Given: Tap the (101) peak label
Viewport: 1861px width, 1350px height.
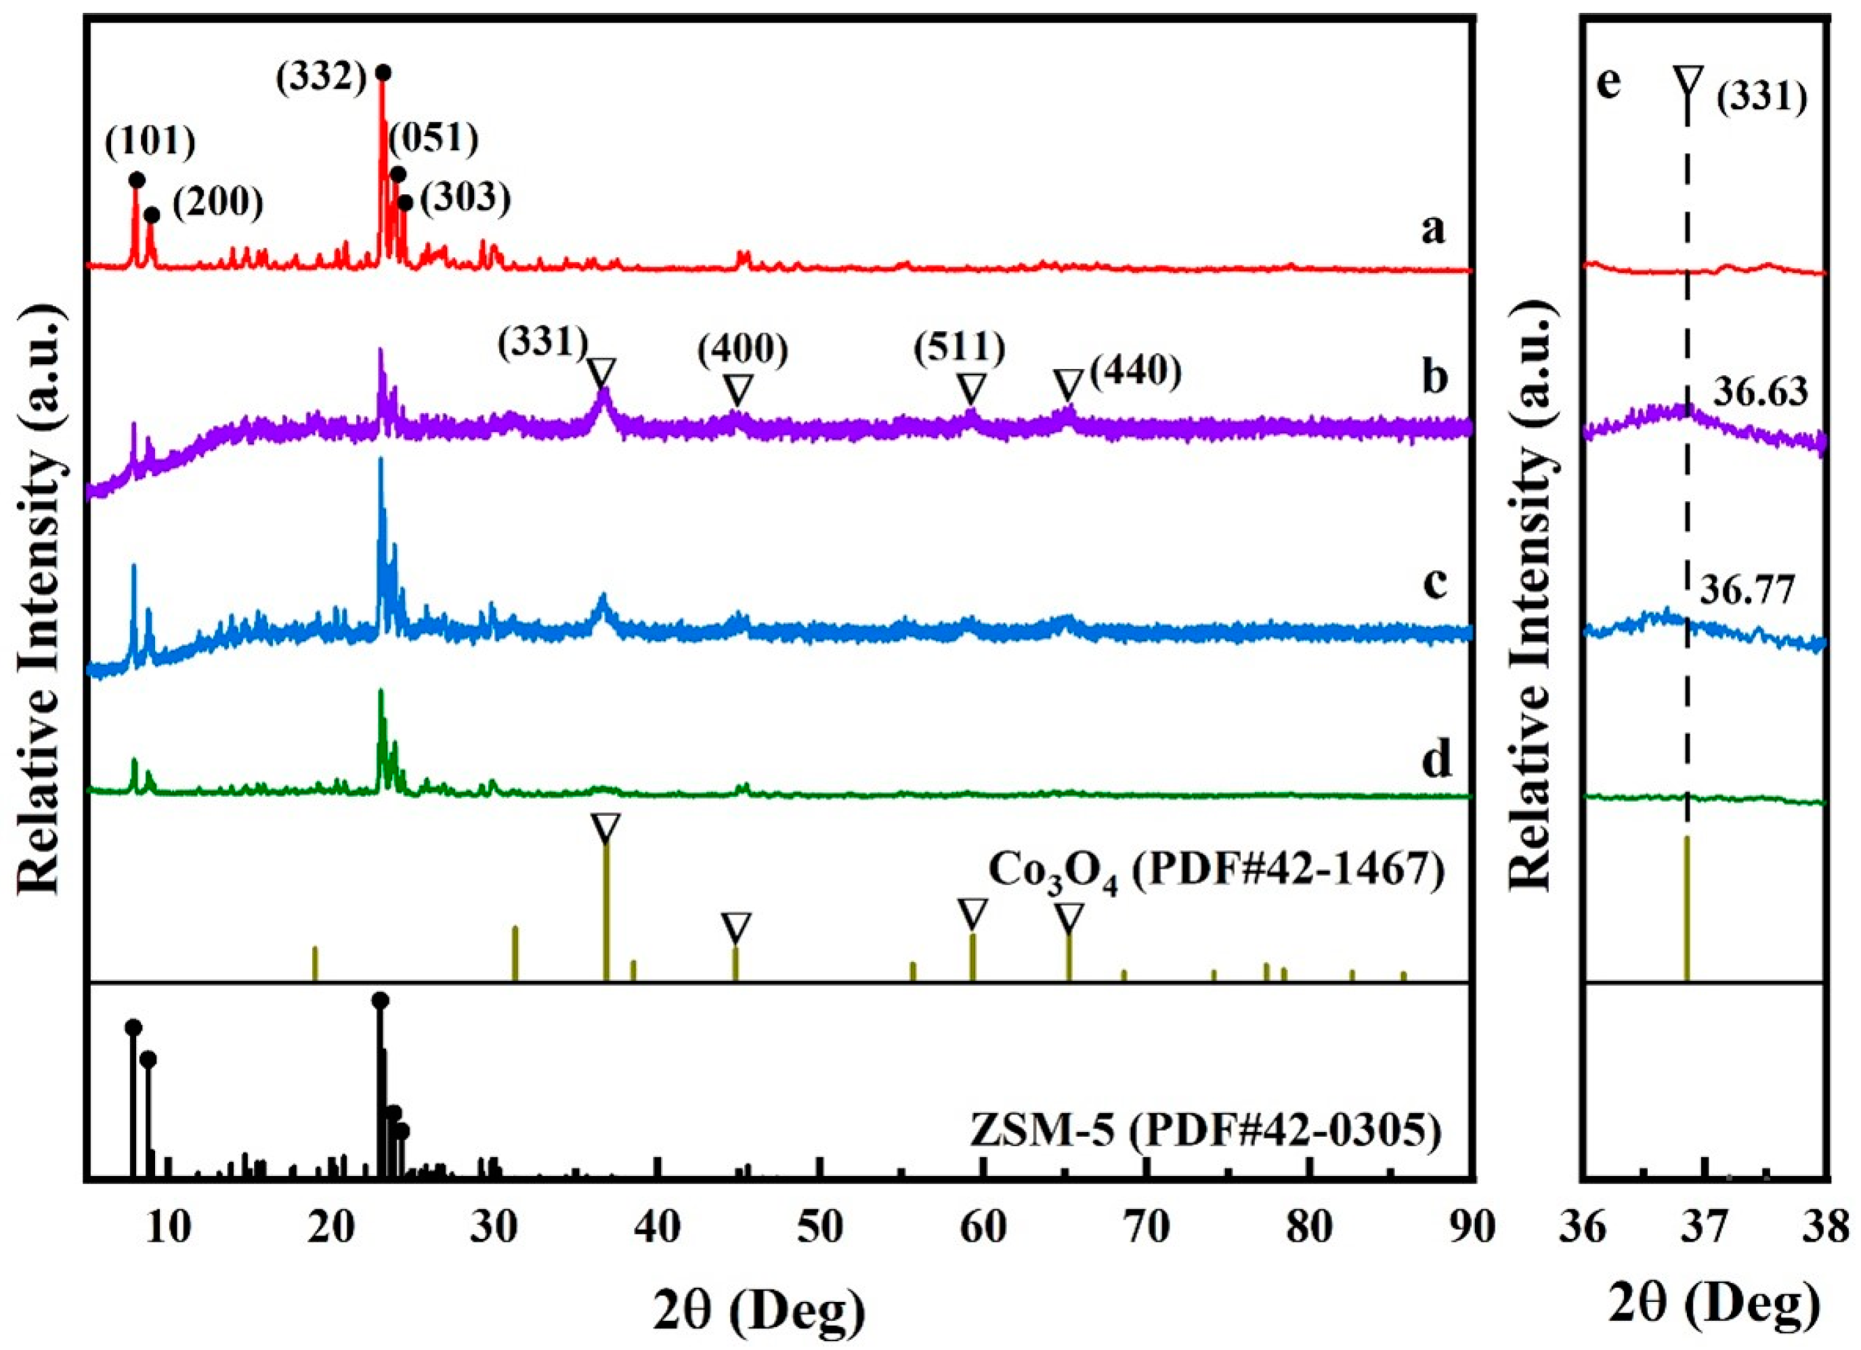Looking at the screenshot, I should pos(150,142).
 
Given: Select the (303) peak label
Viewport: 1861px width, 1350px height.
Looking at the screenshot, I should pos(465,197).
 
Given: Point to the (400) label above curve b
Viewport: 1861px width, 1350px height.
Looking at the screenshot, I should pos(743,350).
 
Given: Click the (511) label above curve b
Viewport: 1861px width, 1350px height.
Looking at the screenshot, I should pos(959,349).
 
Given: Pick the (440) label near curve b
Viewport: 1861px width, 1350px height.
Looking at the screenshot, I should pos(1136,372).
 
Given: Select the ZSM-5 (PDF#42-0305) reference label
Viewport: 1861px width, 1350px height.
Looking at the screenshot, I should pos(1205,1133).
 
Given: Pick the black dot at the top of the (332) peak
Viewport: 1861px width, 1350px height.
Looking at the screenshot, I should pos(383,73).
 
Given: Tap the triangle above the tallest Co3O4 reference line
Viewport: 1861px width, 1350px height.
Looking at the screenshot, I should pos(605,829).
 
